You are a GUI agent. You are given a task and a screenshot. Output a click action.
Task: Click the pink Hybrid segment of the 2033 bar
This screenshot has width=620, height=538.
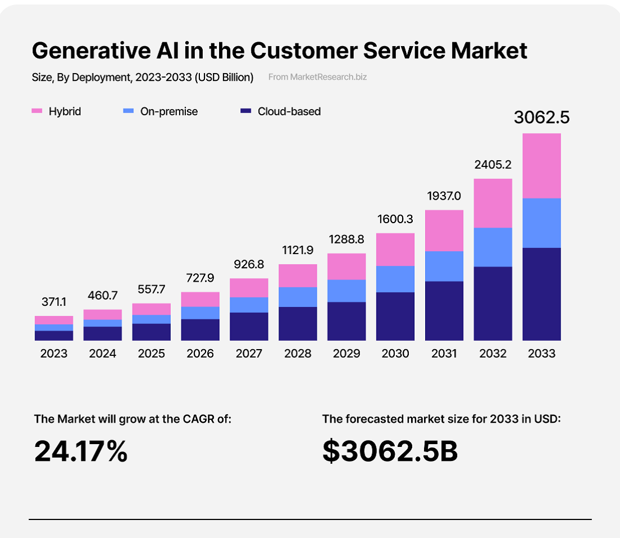(541, 166)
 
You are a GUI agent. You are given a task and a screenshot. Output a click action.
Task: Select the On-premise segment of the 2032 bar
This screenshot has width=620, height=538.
(493, 247)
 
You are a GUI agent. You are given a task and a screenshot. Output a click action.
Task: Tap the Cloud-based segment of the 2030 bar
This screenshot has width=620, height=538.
(395, 316)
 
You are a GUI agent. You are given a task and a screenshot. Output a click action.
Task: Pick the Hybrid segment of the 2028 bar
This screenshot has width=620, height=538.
(298, 275)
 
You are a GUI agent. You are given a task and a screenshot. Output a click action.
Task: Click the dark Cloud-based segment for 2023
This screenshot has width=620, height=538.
(54, 335)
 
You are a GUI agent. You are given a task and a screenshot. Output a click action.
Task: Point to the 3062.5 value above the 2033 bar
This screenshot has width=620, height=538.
(541, 117)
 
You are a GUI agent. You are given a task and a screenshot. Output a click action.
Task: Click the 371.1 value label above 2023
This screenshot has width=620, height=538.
(54, 302)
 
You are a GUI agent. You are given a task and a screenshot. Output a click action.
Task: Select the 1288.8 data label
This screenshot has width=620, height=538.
(346, 239)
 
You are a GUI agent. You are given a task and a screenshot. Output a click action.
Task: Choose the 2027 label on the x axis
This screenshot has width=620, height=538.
(249, 354)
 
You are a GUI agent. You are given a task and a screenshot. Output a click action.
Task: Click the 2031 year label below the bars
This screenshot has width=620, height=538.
(444, 354)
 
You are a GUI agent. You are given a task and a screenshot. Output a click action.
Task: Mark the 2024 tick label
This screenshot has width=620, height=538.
(103, 354)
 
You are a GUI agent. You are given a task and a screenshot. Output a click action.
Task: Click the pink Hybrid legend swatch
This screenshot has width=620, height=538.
(37, 112)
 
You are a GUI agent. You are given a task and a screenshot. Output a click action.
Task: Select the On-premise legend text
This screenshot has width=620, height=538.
(169, 111)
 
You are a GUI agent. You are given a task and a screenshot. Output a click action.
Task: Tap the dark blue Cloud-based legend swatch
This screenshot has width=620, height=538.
(245, 112)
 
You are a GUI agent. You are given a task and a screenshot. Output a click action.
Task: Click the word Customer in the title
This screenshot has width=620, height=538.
(303, 51)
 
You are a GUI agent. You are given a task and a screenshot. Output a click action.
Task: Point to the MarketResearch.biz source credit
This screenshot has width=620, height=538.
(317, 77)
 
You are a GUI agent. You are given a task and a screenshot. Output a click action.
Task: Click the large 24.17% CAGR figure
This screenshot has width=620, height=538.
(81, 451)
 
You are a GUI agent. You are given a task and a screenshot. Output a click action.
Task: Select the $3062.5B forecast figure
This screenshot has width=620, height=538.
(390, 451)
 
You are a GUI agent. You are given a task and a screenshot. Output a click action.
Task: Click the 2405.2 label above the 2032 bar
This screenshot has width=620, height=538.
(493, 165)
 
